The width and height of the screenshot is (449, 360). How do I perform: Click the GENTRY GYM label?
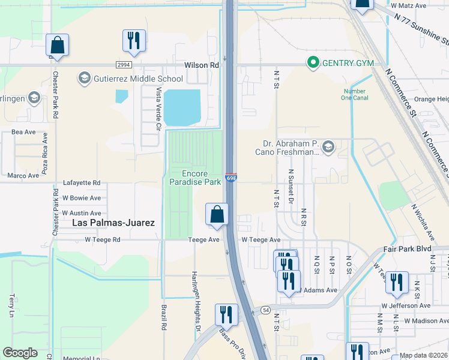click(348, 63)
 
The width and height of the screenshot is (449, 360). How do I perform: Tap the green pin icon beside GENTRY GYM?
click(312, 62)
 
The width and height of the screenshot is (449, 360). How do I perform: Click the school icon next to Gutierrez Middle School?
click(84, 78)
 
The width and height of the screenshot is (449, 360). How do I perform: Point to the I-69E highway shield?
click(231, 178)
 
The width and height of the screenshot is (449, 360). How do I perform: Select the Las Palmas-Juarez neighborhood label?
click(113, 223)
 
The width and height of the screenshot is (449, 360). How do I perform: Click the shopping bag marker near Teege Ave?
click(217, 214)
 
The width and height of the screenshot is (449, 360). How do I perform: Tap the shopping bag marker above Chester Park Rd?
click(57, 45)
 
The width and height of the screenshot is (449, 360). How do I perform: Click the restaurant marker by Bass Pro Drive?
click(226, 314)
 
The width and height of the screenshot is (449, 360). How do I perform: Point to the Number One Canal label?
click(354, 95)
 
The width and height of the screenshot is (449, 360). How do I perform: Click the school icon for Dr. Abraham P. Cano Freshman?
click(328, 146)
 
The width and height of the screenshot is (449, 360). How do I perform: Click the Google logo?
click(20, 353)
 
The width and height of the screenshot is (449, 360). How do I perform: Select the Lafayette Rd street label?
click(82, 183)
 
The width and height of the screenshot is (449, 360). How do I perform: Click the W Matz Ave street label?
click(408, 5)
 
